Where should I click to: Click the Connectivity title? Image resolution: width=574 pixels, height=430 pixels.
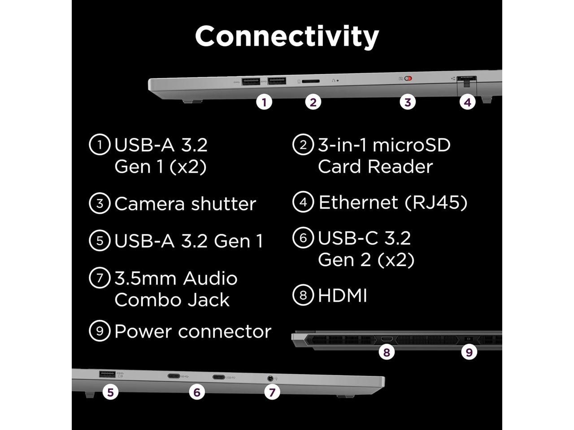[x=287, y=36]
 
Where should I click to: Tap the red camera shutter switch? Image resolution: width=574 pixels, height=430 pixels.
[x=408, y=79]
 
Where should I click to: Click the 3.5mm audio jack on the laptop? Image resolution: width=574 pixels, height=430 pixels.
[x=270, y=378]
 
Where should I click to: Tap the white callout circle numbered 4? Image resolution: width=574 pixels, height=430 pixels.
[x=467, y=102]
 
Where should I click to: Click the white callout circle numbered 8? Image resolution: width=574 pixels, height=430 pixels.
[x=387, y=352]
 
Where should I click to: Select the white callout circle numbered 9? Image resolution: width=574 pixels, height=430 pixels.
[x=469, y=352]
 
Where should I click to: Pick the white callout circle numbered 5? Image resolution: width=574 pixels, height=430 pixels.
[x=110, y=392]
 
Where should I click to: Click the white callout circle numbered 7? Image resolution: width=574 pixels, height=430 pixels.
[x=272, y=392]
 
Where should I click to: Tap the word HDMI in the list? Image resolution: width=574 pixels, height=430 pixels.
[x=343, y=296]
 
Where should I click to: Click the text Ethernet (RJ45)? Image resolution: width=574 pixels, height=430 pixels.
[x=393, y=202]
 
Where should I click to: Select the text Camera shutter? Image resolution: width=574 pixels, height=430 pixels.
[x=185, y=204]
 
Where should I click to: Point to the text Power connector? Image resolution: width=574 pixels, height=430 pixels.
[x=193, y=331]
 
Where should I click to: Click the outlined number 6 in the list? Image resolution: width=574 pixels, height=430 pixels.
[x=303, y=238]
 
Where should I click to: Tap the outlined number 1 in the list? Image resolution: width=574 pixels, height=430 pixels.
[x=100, y=145]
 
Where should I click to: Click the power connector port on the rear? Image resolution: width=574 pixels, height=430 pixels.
[x=469, y=339]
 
